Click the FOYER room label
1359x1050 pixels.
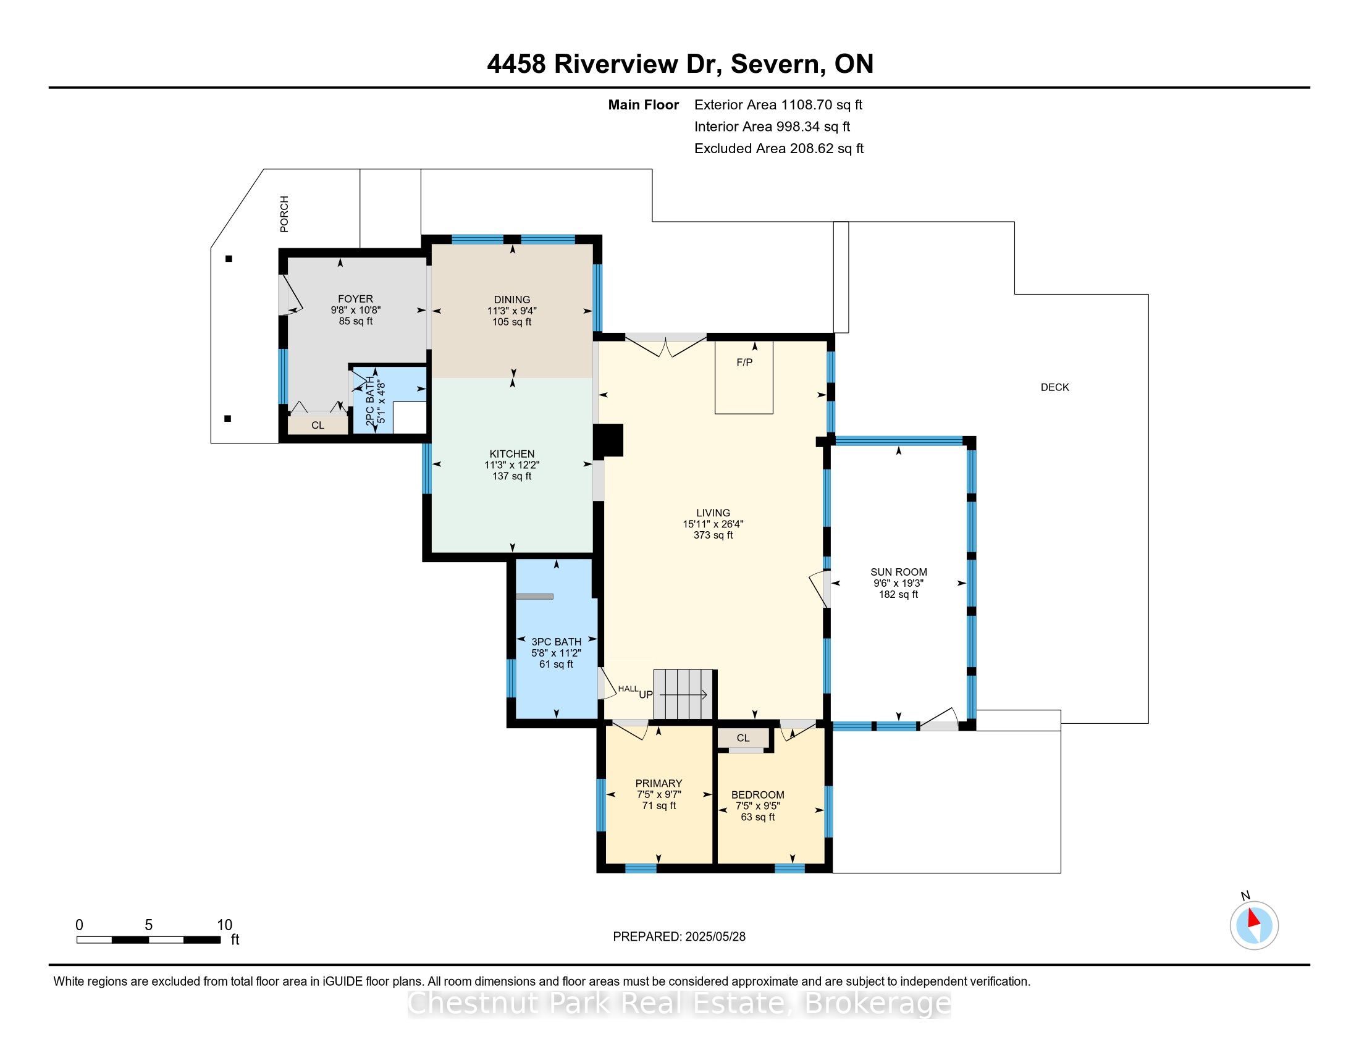[x=355, y=299]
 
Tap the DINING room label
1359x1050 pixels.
[x=512, y=300]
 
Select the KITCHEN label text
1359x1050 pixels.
[x=512, y=454]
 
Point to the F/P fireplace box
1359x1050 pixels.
[x=744, y=377]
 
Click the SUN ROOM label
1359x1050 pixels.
[x=899, y=573]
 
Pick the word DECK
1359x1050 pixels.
[x=1054, y=387]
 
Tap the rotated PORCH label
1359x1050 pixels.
[x=284, y=214]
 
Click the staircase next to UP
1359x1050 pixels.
[x=683, y=694]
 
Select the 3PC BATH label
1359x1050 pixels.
[x=557, y=642]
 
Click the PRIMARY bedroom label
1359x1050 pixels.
[x=659, y=784]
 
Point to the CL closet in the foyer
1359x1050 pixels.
[x=318, y=425]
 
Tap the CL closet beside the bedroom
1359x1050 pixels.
[x=743, y=737]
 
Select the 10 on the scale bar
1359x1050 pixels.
[x=225, y=925]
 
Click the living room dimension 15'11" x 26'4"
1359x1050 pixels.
[x=713, y=524]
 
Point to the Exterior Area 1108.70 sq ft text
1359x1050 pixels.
[x=778, y=105]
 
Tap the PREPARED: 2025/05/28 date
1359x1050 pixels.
[x=679, y=937]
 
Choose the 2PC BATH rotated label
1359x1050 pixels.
[x=370, y=401]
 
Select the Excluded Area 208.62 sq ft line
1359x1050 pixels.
[x=779, y=149]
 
